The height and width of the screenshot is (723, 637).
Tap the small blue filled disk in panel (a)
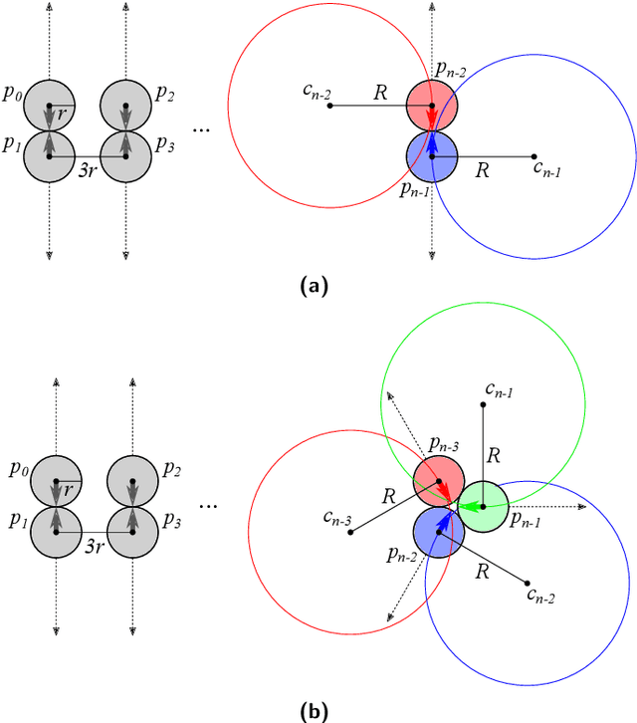[x=431, y=155]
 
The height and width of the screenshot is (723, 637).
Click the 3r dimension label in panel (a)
[x=88, y=170]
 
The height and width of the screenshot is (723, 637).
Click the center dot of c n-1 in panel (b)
[x=484, y=404]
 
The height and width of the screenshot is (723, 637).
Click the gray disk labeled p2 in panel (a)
[x=125, y=105]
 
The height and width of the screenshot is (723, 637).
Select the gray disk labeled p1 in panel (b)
[x=56, y=532]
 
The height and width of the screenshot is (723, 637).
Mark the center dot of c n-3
[x=349, y=533]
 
